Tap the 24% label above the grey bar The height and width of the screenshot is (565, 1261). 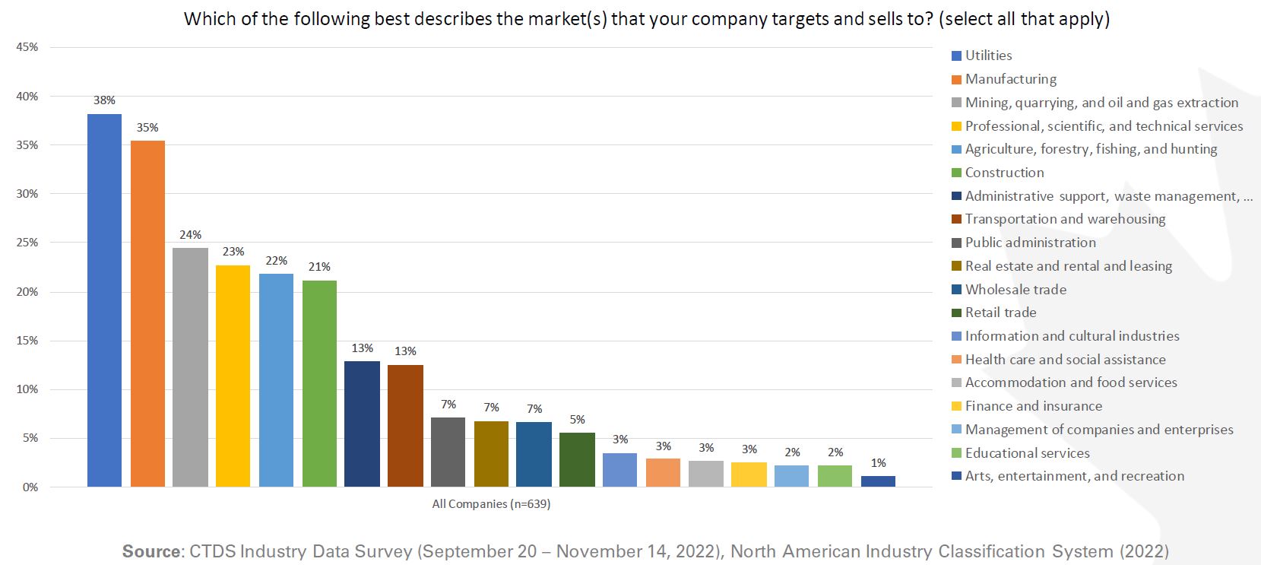click(x=190, y=235)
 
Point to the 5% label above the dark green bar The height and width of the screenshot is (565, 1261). click(x=577, y=420)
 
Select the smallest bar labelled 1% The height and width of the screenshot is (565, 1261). click(x=878, y=481)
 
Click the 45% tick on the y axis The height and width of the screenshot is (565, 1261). click(x=27, y=47)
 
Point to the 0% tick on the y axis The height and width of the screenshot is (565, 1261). click(x=30, y=487)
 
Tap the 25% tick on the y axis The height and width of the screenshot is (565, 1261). click(x=27, y=243)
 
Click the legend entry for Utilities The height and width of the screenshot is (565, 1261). click(x=988, y=56)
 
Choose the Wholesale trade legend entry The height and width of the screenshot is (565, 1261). click(x=1015, y=290)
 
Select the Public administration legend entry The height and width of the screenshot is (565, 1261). click(x=1030, y=243)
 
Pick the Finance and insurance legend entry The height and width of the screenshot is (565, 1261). click(x=1033, y=406)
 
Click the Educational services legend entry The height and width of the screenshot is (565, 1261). click(x=1027, y=453)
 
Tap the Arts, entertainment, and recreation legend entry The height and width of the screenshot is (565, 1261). click(x=1074, y=476)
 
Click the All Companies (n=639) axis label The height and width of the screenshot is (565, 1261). click(x=491, y=504)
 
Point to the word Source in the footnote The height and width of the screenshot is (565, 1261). click(x=151, y=551)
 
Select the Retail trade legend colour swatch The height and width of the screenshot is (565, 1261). click(x=957, y=313)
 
